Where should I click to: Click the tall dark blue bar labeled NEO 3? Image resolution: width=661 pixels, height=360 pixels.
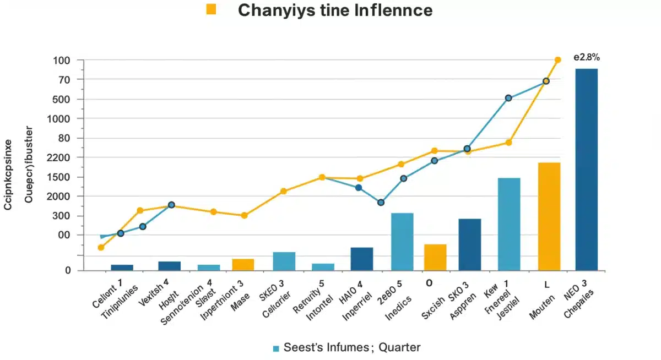[586, 170]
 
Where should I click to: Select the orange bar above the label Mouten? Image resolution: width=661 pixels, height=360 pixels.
[549, 216]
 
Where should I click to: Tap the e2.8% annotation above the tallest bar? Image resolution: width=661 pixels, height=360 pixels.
[586, 57]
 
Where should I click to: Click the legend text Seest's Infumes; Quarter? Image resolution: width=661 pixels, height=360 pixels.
[352, 347]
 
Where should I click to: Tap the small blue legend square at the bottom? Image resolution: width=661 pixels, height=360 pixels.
[277, 348]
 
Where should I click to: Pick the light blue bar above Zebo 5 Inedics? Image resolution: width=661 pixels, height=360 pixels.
[402, 242]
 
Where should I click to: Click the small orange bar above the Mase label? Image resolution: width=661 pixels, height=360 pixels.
[243, 265]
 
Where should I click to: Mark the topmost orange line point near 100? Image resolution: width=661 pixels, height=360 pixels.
[557, 60]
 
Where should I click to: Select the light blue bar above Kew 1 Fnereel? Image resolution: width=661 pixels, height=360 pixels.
[508, 224]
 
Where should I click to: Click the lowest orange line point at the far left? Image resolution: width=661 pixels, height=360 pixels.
[101, 248]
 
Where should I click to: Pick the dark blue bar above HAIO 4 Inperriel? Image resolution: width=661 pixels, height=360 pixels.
[361, 259]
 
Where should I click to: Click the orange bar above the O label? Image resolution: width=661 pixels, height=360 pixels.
[435, 257]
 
